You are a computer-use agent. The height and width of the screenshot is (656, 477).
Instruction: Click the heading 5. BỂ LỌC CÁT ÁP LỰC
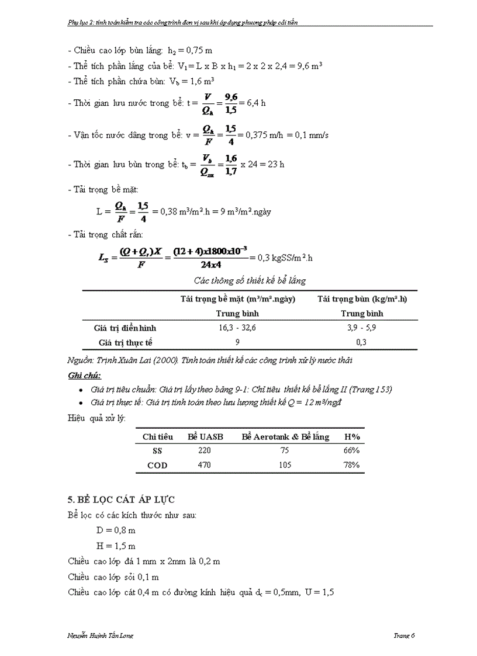(122, 499)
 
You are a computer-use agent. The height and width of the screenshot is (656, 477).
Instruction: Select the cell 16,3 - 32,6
(237, 328)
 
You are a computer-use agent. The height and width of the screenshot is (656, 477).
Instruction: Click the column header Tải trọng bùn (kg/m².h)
(362, 299)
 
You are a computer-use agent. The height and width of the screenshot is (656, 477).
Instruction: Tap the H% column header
(351, 436)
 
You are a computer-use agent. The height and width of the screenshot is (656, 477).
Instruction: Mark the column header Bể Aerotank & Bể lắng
(285, 436)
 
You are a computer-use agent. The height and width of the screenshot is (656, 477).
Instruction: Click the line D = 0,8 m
(116, 530)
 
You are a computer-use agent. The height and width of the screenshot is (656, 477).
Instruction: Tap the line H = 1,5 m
(116, 546)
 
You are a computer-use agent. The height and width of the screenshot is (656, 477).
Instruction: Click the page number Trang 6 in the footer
(404, 636)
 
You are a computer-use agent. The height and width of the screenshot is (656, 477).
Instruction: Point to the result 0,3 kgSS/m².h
(284, 257)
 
